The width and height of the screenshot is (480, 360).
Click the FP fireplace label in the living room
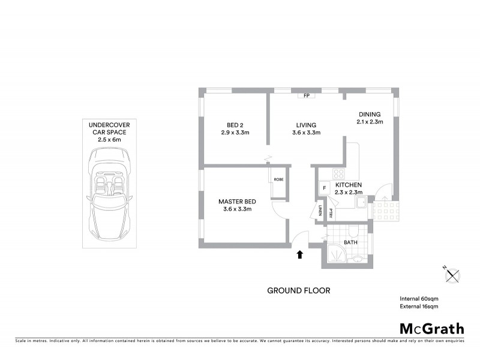click(x=306, y=95)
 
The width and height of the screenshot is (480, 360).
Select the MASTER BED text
click(x=234, y=201)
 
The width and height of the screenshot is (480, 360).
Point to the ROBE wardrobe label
click(x=278, y=179)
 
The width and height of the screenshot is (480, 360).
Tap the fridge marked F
click(x=325, y=188)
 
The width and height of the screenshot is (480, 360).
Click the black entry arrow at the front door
click(x=299, y=254)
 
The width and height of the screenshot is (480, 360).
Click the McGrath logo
click(x=431, y=328)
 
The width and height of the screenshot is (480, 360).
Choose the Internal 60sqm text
click(x=419, y=299)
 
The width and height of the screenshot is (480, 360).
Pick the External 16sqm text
click(x=419, y=307)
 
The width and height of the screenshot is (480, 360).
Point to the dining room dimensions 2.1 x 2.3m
click(x=371, y=122)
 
